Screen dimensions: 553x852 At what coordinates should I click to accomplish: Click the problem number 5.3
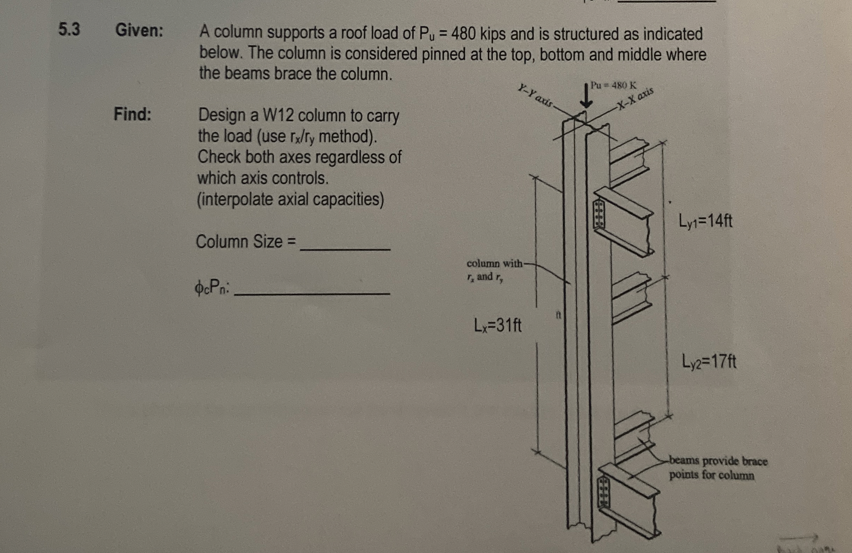click(x=69, y=30)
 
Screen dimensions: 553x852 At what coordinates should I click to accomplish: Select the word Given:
click(x=139, y=31)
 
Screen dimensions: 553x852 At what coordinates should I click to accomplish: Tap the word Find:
click(x=132, y=114)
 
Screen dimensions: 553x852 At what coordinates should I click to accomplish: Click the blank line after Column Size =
click(x=345, y=247)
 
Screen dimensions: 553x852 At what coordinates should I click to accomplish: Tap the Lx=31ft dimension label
click(x=498, y=325)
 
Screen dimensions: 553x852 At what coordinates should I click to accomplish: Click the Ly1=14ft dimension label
click(x=705, y=221)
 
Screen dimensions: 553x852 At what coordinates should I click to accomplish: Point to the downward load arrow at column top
click(x=586, y=97)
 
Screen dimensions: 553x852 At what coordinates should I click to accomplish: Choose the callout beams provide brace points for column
click(x=718, y=468)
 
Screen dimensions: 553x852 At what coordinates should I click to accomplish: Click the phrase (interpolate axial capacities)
click(x=290, y=199)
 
